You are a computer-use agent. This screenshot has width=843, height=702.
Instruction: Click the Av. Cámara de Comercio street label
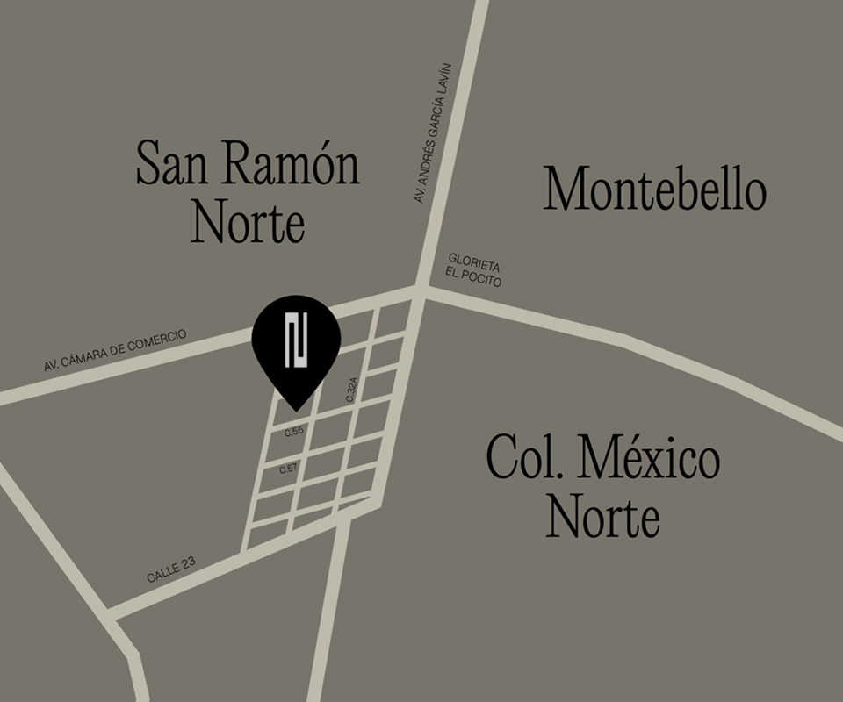coord(116,350)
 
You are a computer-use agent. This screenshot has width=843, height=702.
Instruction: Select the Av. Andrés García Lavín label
coord(433,133)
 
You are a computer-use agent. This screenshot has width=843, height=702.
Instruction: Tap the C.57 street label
coord(288,469)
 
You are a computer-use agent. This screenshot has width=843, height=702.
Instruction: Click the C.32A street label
coord(352,390)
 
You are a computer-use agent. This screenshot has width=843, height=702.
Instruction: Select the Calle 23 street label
coord(171,571)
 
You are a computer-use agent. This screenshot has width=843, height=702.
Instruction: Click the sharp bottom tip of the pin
coord(295,409)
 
